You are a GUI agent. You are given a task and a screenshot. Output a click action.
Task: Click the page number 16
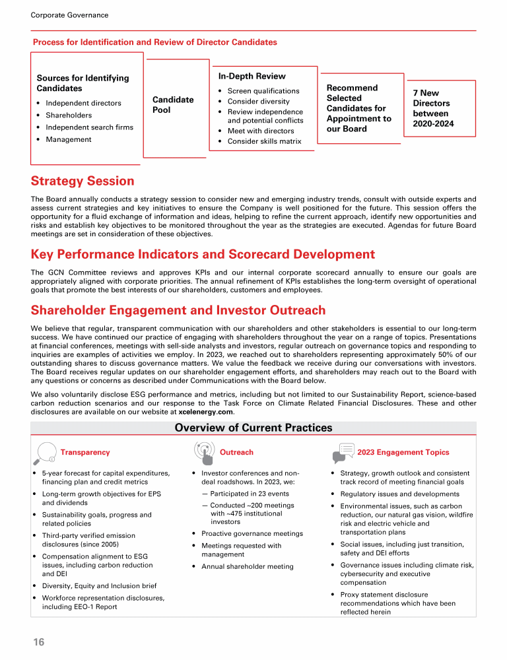38,642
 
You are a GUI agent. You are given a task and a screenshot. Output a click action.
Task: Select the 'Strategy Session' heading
83,181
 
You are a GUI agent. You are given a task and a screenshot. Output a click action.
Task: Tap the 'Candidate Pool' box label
173,104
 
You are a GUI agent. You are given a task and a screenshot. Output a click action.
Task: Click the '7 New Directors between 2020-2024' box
433,108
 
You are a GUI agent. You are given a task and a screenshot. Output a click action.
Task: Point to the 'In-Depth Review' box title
252,77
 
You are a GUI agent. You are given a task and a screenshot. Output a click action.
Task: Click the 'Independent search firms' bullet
89,127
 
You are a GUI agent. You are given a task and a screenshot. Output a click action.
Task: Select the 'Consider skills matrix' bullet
264,141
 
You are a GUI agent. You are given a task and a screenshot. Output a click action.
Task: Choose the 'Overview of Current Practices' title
253,428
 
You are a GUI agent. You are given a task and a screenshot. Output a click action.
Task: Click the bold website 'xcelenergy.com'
206,412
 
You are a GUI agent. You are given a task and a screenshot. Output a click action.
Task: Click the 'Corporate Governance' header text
70,15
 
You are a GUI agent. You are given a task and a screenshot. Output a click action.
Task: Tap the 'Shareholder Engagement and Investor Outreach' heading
178,310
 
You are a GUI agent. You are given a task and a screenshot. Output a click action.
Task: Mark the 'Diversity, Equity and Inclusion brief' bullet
99,585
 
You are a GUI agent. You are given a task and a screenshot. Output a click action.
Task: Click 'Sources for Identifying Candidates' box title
83,83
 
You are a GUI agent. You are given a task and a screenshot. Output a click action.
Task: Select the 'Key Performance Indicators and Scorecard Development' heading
203,254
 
